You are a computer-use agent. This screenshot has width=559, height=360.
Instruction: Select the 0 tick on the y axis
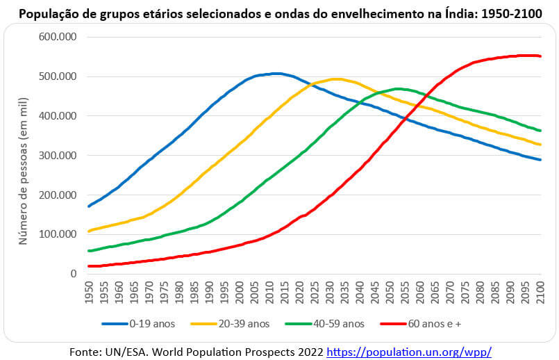coord(72,274)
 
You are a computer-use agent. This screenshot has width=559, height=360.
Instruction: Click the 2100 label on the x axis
coord(542,293)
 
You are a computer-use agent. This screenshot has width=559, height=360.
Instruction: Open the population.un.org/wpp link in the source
coord(409,352)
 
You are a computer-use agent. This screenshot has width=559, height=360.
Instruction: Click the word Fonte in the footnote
coord(86,352)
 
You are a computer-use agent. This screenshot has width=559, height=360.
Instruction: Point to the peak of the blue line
coord(276,73)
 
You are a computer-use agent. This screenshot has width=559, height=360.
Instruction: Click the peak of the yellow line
coord(337,79)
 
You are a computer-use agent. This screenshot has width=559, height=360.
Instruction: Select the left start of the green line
coord(90,251)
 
